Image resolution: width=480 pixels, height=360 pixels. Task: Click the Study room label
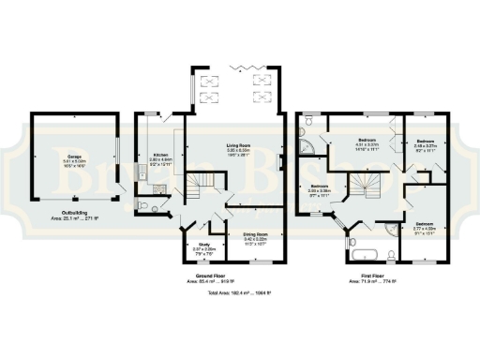[199, 247]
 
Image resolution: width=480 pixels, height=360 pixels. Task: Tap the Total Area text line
[239, 293]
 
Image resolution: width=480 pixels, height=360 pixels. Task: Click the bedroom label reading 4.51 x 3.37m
[366, 146]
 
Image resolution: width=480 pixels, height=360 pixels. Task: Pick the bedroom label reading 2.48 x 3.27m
[426, 146]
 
